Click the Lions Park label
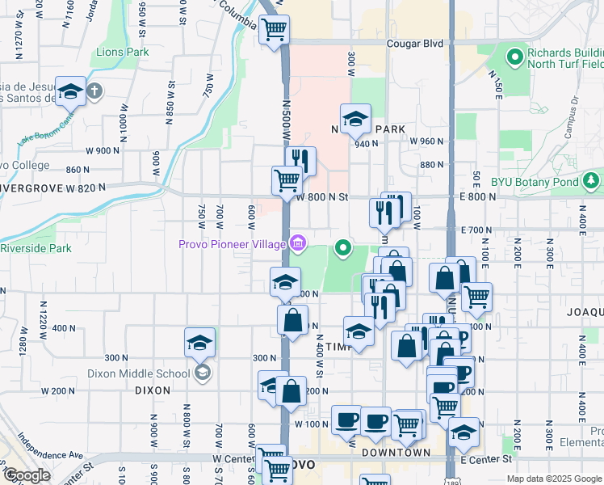[x=123, y=52]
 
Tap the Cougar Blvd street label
[x=415, y=44]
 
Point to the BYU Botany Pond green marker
[x=592, y=179]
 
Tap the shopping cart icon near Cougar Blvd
[x=275, y=30]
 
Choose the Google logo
[x=26, y=475]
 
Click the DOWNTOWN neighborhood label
[x=396, y=453]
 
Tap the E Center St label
[x=486, y=458]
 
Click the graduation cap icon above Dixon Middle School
[x=199, y=342]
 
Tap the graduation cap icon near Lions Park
[x=70, y=91]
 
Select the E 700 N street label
[x=475, y=230]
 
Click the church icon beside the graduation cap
[x=94, y=91]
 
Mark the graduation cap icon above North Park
[x=355, y=120]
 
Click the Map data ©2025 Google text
[x=553, y=479]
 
